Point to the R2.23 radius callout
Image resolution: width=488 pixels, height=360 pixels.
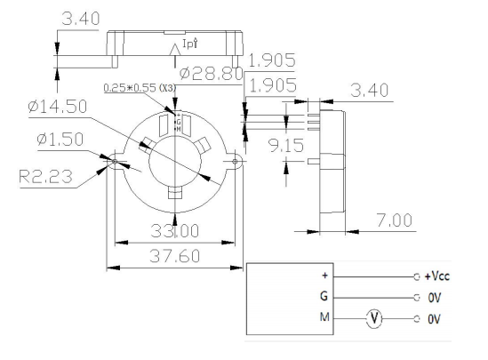pyautogui.click(x=40, y=174)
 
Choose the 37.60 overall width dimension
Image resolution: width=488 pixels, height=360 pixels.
pyautogui.click(x=175, y=257)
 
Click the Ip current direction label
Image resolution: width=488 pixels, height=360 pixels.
pyautogui.click(x=188, y=43)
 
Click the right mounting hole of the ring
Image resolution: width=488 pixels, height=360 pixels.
pyautogui.click(x=236, y=163)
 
